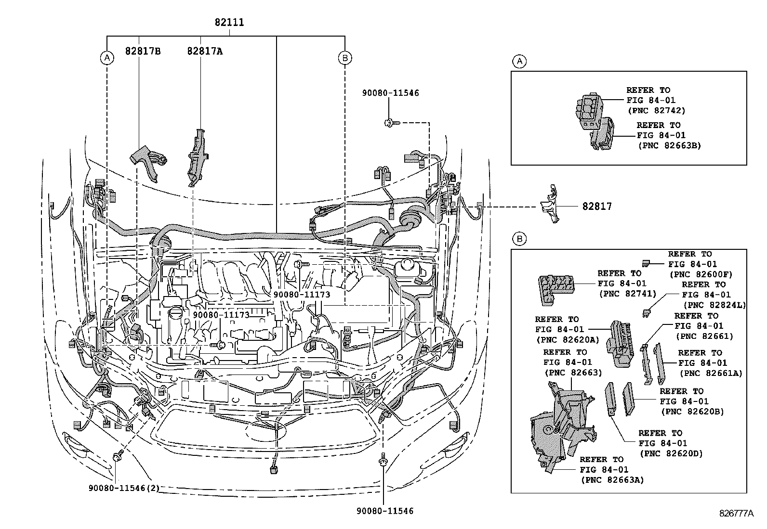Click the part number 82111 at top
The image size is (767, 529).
point(229,22)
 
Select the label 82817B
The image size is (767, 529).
point(143,51)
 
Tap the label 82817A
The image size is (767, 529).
point(205,51)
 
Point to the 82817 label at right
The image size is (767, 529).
point(597,206)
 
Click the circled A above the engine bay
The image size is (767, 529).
point(107,58)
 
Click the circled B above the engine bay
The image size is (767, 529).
point(344,58)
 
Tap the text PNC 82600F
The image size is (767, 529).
point(701,274)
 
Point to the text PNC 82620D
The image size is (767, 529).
point(671,453)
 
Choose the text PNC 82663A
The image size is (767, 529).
point(612,480)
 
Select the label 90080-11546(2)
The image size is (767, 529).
point(124,488)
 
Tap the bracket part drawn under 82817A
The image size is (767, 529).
point(197,157)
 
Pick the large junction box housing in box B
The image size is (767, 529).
point(561,424)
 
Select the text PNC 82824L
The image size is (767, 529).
point(714,305)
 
